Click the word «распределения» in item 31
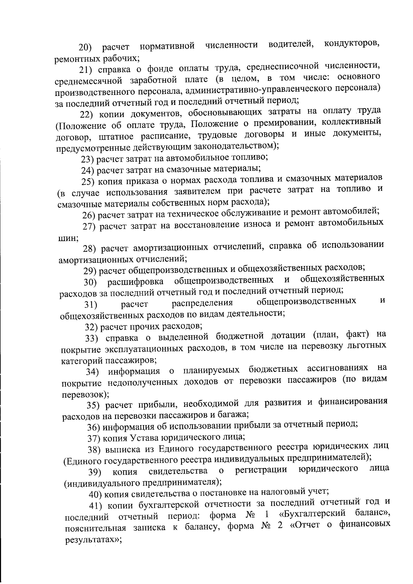pos(202,303)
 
